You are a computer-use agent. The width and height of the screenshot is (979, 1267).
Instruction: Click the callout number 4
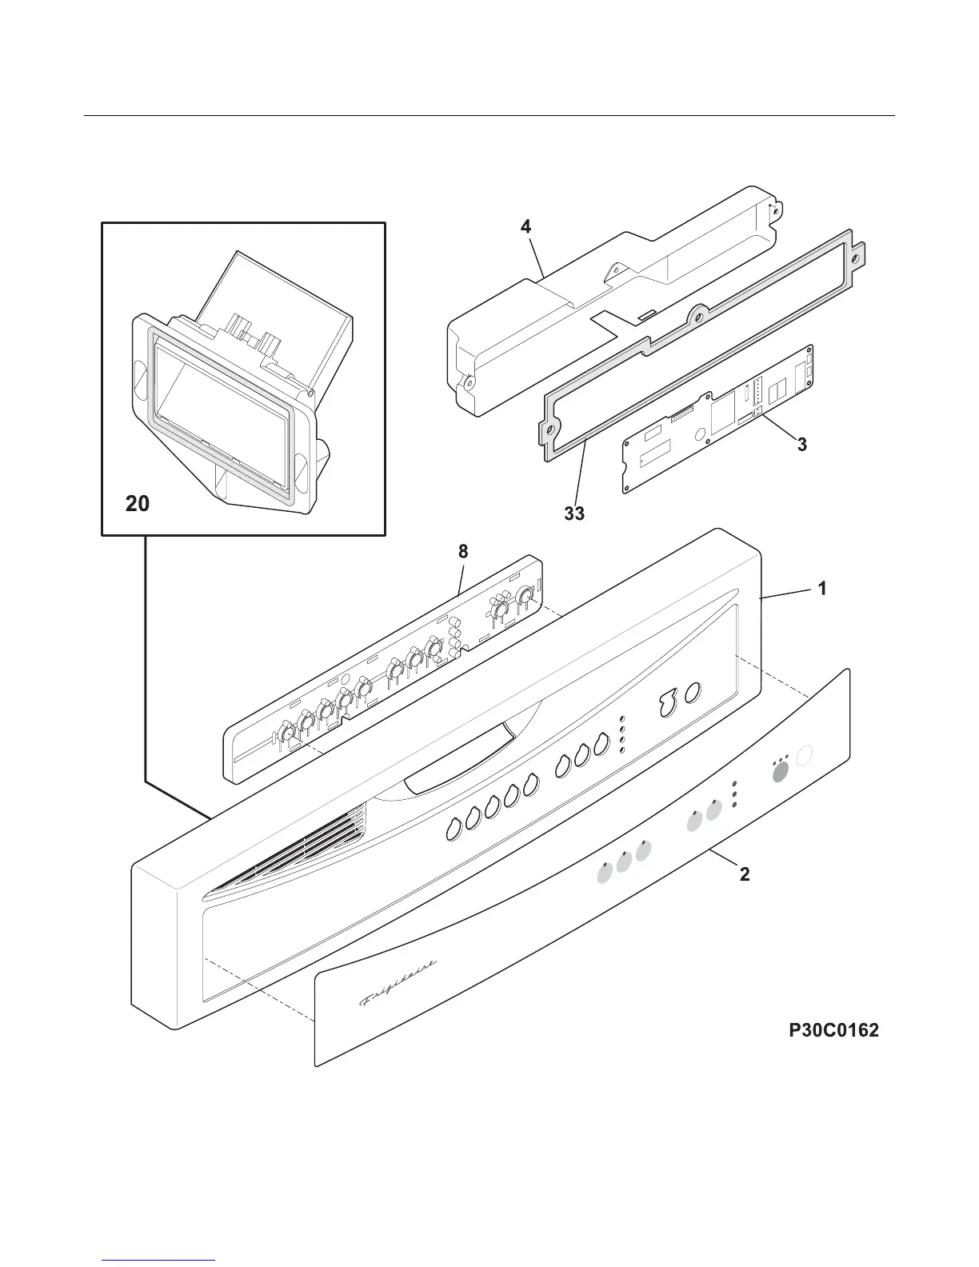(x=525, y=227)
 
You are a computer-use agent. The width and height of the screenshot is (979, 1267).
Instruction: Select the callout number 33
(x=574, y=514)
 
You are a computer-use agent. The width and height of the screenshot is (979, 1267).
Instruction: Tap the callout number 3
(x=801, y=445)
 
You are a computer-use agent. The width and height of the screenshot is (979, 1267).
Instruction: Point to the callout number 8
(x=463, y=551)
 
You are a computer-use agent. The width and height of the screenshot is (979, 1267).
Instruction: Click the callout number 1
(x=822, y=589)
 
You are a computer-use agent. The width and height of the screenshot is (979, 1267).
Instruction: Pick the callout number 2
(x=745, y=874)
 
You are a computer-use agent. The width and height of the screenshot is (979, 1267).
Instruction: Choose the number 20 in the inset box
(x=138, y=504)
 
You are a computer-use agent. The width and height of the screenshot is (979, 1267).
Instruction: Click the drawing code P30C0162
(x=833, y=1031)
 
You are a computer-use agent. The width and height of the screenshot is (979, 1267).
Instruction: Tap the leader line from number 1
(x=788, y=593)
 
